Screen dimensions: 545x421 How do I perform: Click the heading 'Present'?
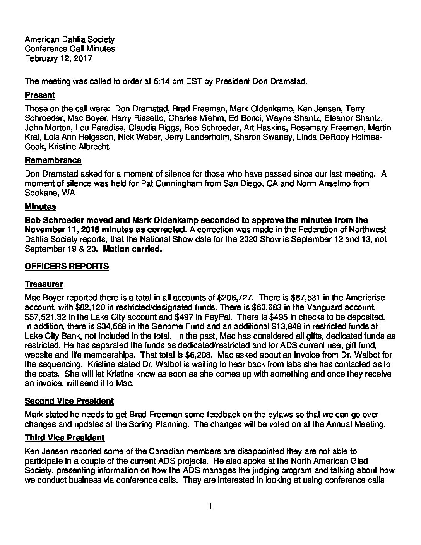coord(40,95)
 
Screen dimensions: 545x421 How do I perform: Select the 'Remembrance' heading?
coord(53,160)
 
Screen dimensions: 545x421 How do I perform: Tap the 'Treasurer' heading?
coord(44,284)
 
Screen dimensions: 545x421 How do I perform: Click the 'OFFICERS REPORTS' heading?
coord(67,266)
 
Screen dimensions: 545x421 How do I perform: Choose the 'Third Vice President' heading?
coord(65,437)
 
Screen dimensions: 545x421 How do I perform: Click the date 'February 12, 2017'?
coord(58,58)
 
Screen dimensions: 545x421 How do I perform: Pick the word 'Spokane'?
coord(39,193)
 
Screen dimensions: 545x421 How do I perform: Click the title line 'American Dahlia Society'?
coord(70,39)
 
